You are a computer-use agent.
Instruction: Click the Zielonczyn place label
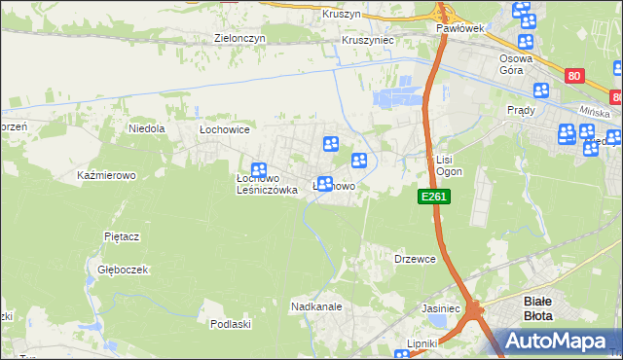click(x=239, y=39)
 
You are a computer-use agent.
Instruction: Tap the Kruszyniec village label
click(x=367, y=40)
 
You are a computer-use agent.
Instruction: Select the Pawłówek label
click(x=459, y=29)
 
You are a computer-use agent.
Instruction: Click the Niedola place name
click(x=148, y=127)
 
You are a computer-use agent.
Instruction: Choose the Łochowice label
click(x=225, y=128)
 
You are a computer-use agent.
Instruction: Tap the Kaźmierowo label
click(x=105, y=175)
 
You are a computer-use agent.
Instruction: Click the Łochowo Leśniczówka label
click(x=266, y=185)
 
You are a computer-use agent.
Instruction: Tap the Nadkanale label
click(x=314, y=306)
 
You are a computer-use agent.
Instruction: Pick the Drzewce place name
click(x=414, y=259)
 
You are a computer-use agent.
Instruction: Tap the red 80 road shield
click(x=574, y=74)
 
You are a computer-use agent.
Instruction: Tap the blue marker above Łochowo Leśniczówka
click(x=259, y=170)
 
